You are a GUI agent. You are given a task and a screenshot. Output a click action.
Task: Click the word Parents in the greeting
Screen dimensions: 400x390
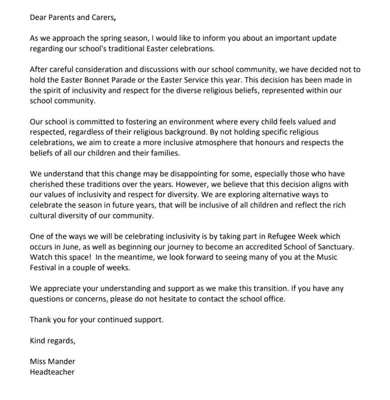(59, 17)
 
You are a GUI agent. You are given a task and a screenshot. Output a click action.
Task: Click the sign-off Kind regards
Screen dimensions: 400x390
(52, 341)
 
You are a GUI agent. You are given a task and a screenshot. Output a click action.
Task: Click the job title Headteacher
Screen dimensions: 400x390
(52, 372)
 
